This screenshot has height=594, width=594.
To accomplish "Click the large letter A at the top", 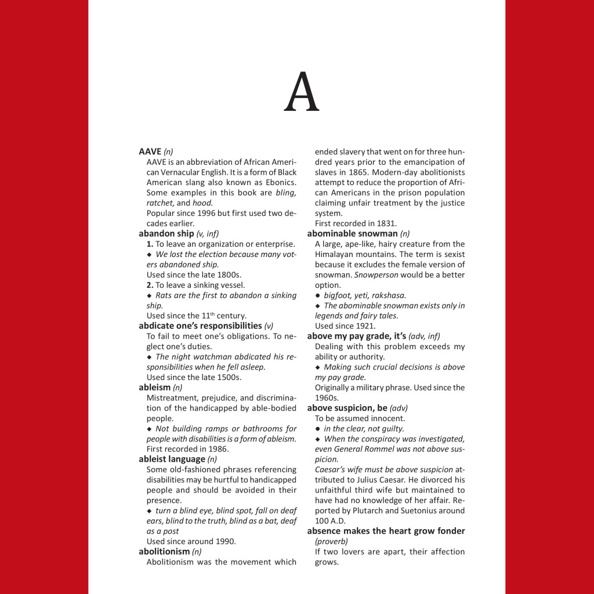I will [302, 93].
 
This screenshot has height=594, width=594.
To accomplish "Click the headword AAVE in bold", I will [150, 152].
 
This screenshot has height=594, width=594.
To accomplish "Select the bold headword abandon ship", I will [166, 234].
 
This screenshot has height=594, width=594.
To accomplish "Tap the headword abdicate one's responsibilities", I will [200, 325].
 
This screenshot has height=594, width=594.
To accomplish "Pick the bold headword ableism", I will [155, 387].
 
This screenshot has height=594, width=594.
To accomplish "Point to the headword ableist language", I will [172, 459].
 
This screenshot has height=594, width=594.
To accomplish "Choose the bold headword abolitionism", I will [164, 551].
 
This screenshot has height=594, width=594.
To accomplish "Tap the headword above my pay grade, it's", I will [357, 336].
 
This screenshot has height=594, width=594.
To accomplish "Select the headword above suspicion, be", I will [347, 408].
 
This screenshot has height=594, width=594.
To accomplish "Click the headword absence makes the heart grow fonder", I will [386, 531].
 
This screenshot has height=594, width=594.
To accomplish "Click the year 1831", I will [386, 223].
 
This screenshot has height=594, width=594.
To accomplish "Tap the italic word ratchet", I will [160, 203].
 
